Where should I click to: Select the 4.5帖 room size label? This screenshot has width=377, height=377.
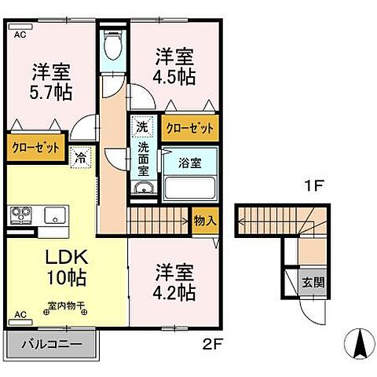click(x=175, y=78)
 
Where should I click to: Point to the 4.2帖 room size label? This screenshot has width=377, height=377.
click(x=174, y=293)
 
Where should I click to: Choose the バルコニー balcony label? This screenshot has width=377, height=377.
click(x=52, y=344)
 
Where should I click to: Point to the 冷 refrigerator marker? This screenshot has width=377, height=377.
click(x=81, y=157)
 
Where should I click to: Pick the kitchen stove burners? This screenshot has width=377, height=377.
click(x=20, y=214)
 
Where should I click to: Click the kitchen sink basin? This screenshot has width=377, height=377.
click(x=54, y=214)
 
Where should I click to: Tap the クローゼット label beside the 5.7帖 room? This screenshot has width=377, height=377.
click(x=34, y=146)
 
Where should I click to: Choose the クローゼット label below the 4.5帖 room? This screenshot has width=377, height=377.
click(x=190, y=127)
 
